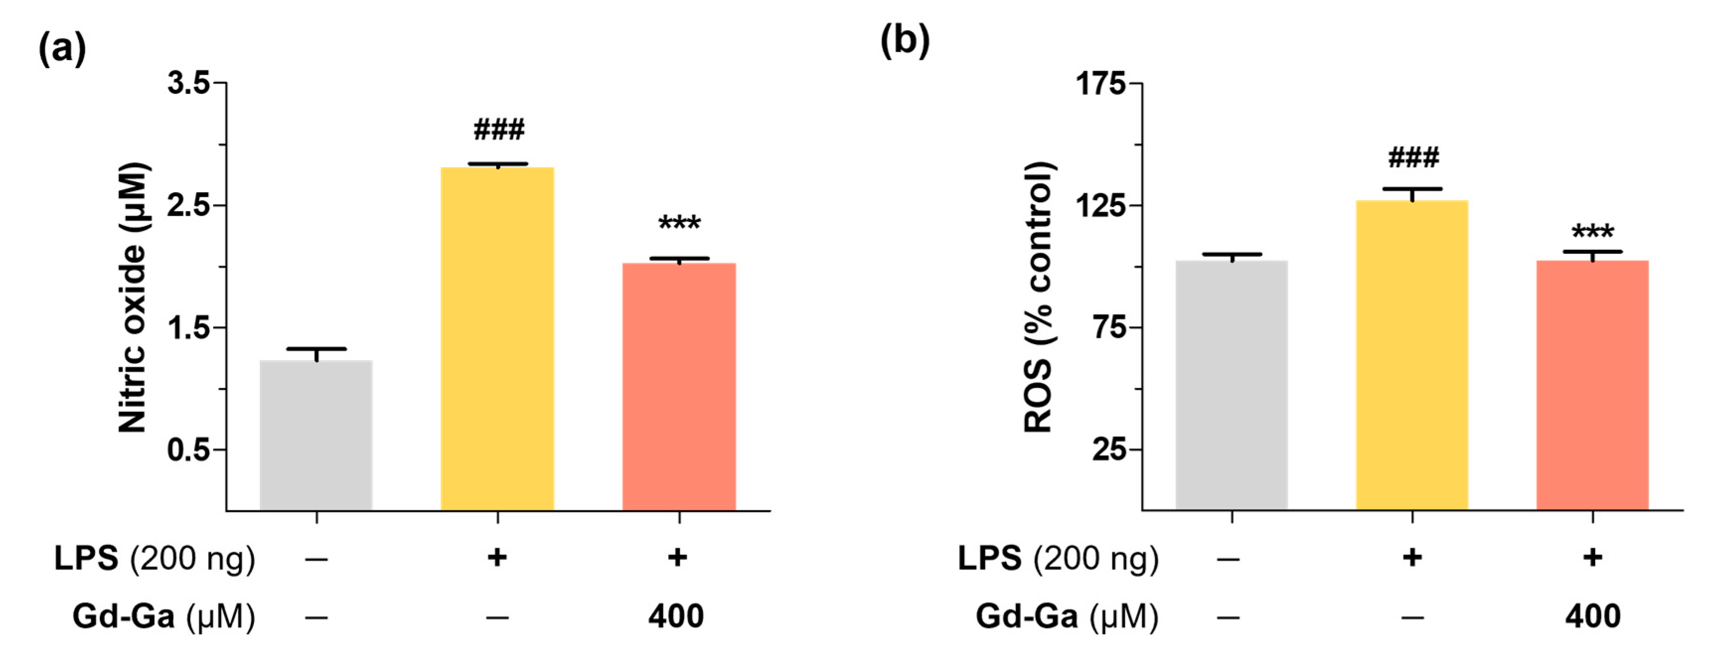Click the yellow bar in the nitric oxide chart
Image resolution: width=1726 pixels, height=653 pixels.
click(497, 338)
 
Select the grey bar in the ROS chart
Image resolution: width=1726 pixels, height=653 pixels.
click(1231, 385)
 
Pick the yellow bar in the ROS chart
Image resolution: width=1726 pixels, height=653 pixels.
click(1412, 355)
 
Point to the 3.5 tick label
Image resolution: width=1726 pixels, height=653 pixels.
click(188, 84)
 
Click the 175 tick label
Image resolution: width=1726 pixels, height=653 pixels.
click(1100, 84)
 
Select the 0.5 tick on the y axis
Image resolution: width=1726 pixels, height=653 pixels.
click(188, 449)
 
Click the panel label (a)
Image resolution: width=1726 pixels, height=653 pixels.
click(62, 49)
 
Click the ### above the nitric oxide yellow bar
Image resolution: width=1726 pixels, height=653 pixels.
click(499, 129)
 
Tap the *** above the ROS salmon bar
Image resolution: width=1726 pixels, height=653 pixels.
click(1593, 232)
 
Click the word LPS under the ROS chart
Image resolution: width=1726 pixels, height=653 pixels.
click(989, 558)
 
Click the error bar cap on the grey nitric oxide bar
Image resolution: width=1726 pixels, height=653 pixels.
click(316, 349)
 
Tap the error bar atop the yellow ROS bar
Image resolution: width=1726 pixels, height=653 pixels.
click(1412, 190)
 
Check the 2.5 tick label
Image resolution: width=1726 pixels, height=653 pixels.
click(188, 206)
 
